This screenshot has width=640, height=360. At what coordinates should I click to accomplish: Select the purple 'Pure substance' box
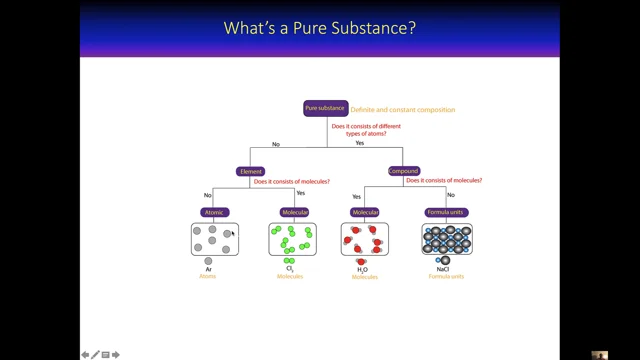pos(325,108)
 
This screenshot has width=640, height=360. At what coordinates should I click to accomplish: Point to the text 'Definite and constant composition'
pos(403,109)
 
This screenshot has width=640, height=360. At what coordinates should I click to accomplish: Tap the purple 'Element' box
pos(250,171)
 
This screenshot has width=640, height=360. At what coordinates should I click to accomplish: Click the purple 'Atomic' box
pos(215,212)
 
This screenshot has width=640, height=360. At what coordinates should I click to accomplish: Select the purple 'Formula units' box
pos(446,212)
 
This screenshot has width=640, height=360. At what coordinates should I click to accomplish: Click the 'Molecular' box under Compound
pos(364,212)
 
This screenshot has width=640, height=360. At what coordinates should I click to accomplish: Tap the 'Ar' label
pos(208,269)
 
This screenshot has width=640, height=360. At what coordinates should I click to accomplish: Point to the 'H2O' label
pos(363,270)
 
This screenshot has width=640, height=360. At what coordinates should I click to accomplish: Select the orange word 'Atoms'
pos(207,277)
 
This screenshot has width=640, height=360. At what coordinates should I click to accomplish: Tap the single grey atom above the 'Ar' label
pos(208,261)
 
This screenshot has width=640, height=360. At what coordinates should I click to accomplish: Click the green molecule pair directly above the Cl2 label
pos(290,261)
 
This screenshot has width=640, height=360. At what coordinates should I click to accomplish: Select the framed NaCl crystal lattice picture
pos(446,239)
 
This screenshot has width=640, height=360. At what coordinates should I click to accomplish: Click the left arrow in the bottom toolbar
pos(86,354)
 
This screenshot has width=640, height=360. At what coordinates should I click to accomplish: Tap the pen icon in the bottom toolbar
pos(96,354)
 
